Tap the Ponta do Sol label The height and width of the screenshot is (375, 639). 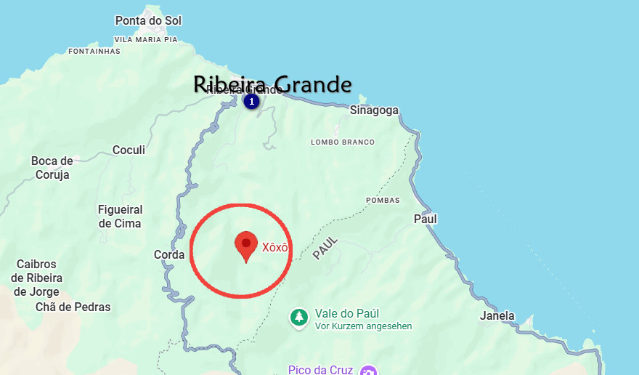pos(148,20)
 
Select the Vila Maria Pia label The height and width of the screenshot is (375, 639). pos(146,40)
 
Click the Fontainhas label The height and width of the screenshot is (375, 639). pos(94,52)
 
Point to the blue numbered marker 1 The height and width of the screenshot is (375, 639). pos(252,102)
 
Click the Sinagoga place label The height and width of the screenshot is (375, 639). pos(374,110)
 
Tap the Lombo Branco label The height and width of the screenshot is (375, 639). pos(343,142)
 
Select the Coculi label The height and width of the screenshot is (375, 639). pos(129,150)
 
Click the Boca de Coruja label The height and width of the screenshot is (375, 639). pos(52,168)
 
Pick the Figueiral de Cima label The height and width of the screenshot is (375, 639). pos(120,217)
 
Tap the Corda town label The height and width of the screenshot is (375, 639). pos(169,255)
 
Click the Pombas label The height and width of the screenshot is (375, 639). pos(383,201)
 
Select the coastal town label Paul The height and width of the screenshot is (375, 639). pos(426,219)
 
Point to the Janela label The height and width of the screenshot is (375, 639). pos(497,316)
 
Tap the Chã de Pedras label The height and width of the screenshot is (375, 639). pos(73,307)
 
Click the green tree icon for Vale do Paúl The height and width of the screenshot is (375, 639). pos(298,318)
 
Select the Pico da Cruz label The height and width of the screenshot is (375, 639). pos(320,370)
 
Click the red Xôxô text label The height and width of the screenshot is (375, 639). pos(275,247)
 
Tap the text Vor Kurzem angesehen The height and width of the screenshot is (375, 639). pos(363,326)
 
